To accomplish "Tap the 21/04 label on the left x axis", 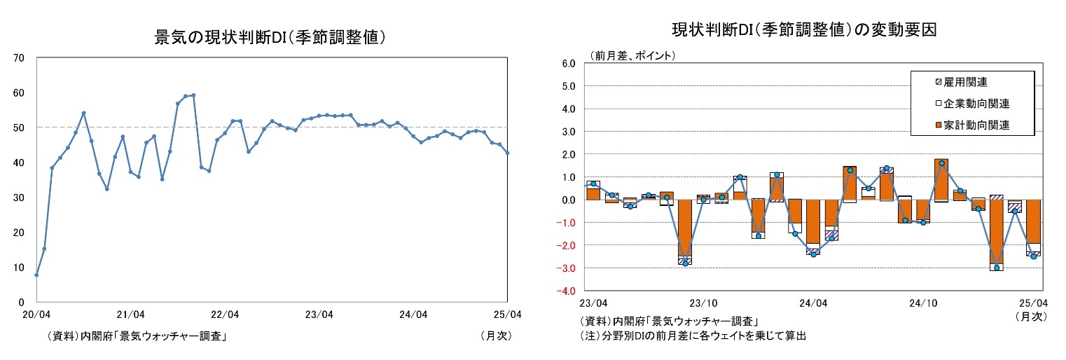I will (x=130, y=314).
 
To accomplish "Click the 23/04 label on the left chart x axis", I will (x=319, y=314).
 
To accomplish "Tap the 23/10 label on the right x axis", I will (x=702, y=303).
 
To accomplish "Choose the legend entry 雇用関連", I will (x=964, y=82).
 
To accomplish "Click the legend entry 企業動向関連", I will (x=976, y=104).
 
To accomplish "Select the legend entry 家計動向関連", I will (x=976, y=125).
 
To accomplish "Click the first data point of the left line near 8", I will (x=36, y=275).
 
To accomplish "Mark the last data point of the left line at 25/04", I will (x=507, y=153).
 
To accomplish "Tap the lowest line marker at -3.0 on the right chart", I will (x=997, y=268).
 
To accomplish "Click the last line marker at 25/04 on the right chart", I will (x=1033, y=256).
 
